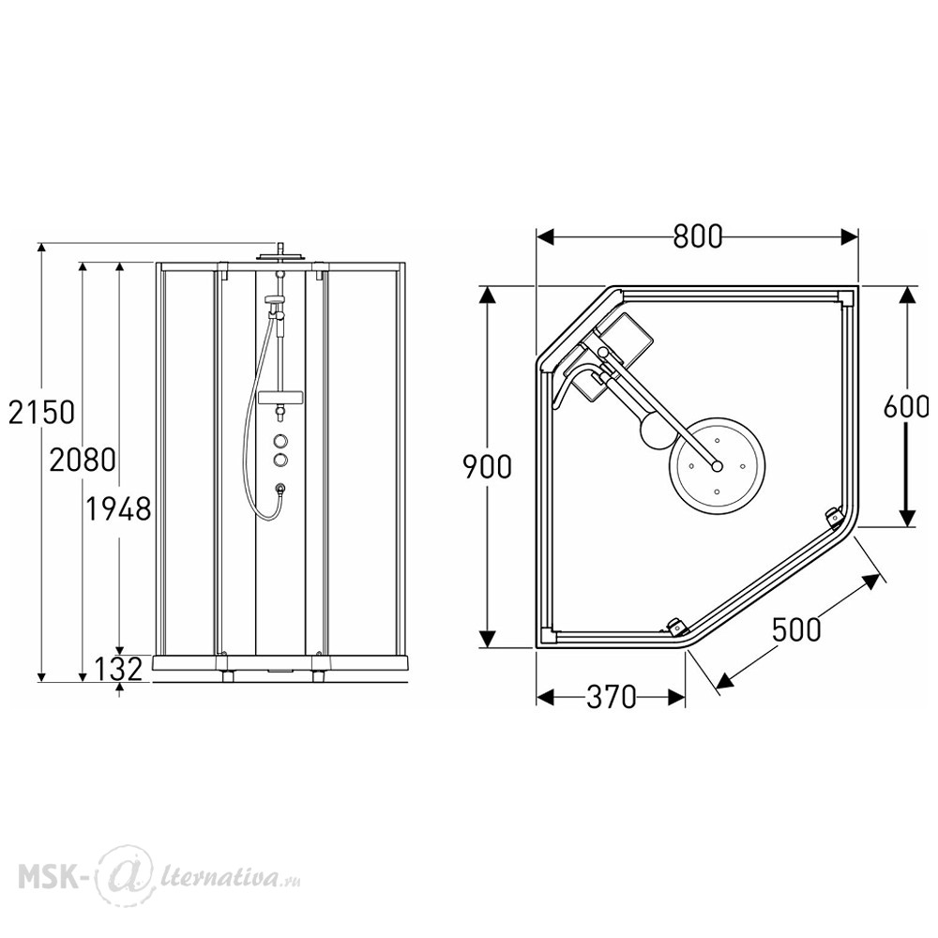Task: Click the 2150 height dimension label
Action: pyautogui.click(x=41, y=412)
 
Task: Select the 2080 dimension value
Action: pyautogui.click(x=83, y=460)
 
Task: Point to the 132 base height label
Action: pyautogui.click(x=118, y=668)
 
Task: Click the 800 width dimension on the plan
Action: pyautogui.click(x=698, y=236)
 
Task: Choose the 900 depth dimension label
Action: pyautogui.click(x=488, y=466)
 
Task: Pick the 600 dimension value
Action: pyautogui.click(x=906, y=407)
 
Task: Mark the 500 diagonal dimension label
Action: pyautogui.click(x=796, y=629)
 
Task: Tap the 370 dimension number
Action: pyautogui.click(x=611, y=697)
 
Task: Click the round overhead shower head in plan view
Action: pyautogui.click(x=717, y=465)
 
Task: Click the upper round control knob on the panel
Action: pyautogui.click(x=280, y=442)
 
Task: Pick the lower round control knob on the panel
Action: pyautogui.click(x=280, y=460)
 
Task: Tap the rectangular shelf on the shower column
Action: pyautogui.click(x=280, y=397)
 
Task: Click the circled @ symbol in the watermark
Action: pyautogui.click(x=119, y=875)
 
